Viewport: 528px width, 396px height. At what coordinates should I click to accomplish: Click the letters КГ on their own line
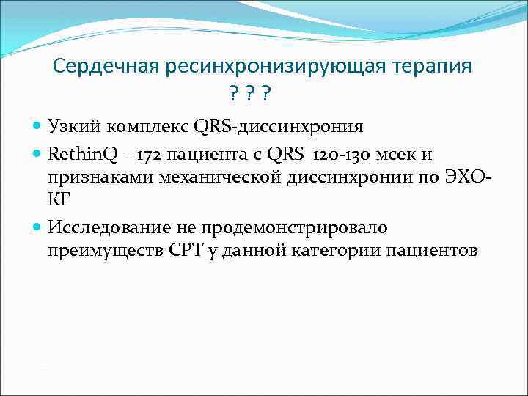point(59,199)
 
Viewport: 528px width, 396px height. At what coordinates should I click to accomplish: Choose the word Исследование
point(111,228)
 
